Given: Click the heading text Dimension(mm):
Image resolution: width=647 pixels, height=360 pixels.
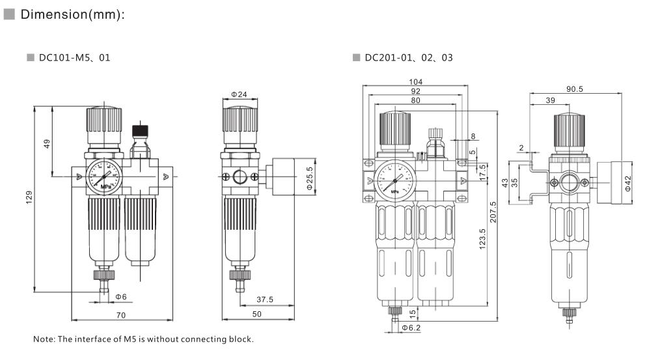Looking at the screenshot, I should tap(73, 15).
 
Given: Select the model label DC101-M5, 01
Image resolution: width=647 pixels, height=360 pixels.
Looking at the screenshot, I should tap(74, 58).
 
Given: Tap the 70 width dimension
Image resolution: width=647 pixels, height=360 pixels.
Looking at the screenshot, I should tap(121, 315).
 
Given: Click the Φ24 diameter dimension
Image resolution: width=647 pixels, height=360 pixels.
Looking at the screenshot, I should tap(238, 95).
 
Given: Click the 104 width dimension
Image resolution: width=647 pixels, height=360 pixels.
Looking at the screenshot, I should tap(416, 81).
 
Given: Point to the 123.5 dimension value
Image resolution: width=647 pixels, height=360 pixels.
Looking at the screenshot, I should tap(481, 241).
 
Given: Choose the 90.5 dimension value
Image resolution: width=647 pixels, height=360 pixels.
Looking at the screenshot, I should tap(574, 89).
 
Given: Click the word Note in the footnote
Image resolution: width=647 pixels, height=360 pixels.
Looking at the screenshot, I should tap(44, 339).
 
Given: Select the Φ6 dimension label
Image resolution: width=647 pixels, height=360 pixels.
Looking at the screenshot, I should tap(121, 297).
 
